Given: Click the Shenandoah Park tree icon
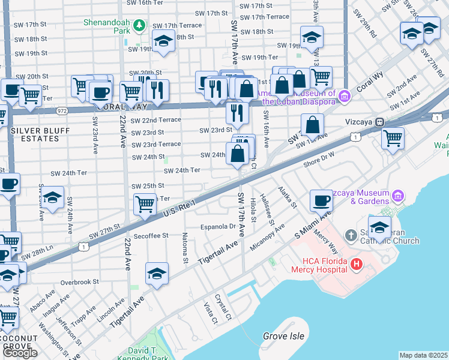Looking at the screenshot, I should (x=139, y=25).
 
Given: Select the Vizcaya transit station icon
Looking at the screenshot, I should (x=379, y=122).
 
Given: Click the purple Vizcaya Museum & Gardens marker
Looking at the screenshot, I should (x=397, y=196).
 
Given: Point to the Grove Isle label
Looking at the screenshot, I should (x=283, y=336).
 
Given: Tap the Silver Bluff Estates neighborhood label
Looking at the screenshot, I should (x=34, y=134).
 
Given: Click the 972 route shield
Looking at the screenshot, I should (x=62, y=112).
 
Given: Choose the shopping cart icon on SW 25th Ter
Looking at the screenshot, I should (x=145, y=204).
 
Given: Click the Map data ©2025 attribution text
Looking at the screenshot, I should (x=423, y=355).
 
